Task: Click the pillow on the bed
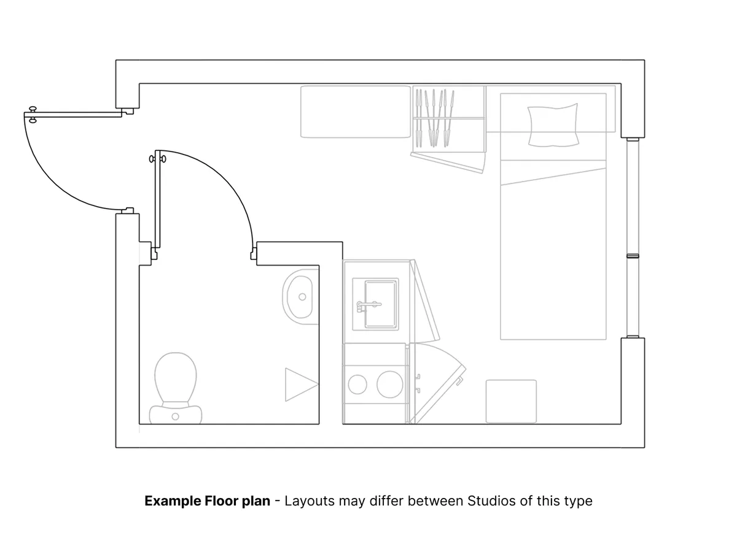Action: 553,125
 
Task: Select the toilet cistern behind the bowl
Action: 176,415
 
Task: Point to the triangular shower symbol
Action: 299,385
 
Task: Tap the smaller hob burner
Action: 357,385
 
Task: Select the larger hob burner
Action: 389,385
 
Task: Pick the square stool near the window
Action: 511,401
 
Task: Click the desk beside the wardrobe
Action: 355,111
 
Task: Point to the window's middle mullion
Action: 633,255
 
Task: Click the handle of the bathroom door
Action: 157,159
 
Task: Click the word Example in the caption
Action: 171,501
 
